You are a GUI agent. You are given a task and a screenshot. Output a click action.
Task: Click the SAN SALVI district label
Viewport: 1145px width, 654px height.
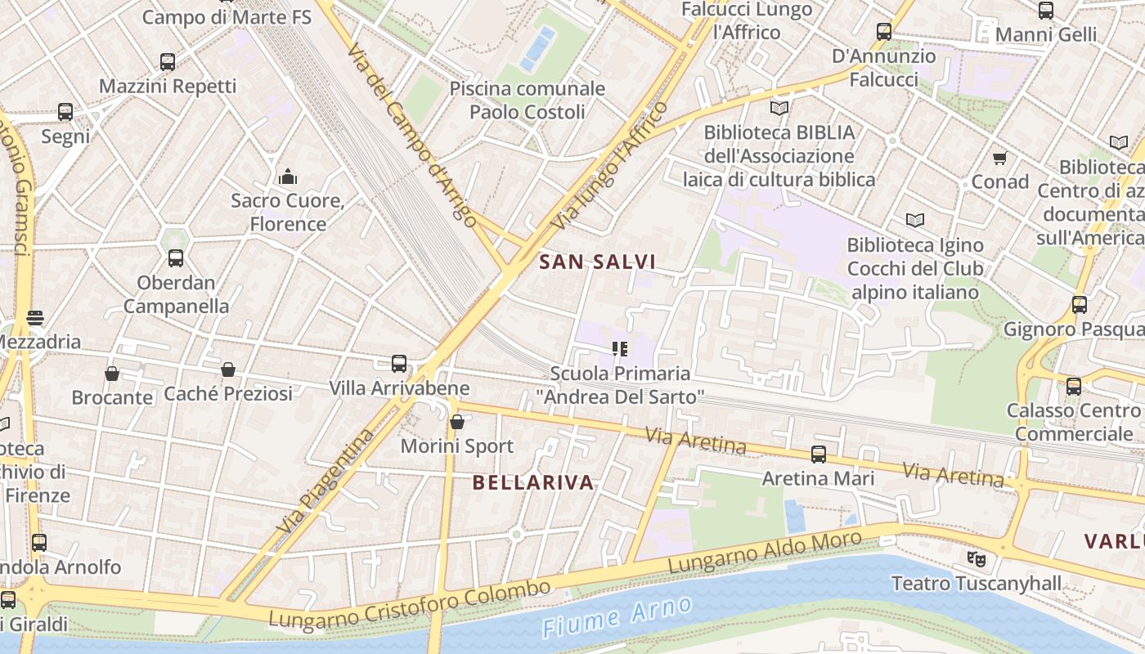(598, 262)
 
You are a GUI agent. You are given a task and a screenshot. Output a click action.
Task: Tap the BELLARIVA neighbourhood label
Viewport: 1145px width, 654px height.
(533, 482)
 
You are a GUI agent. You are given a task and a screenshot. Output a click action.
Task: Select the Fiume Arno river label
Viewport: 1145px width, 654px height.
(617, 617)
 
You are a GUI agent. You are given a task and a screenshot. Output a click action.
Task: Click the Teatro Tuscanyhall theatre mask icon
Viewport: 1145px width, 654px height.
(976, 559)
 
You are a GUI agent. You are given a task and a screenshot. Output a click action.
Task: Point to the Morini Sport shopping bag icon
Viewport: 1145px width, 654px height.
(457, 422)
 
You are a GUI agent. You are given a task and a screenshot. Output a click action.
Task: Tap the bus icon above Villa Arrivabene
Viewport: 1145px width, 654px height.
(399, 364)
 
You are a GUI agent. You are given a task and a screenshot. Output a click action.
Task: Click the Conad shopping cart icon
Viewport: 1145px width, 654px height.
(999, 158)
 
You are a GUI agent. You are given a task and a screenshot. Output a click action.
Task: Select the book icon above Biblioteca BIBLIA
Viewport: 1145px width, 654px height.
(779, 108)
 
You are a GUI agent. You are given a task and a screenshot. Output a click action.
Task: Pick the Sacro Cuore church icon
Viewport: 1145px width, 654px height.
(288, 177)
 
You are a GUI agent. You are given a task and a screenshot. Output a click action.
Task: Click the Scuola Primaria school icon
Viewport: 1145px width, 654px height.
(620, 349)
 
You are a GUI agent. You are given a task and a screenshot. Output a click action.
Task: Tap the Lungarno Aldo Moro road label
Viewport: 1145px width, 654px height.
(765, 552)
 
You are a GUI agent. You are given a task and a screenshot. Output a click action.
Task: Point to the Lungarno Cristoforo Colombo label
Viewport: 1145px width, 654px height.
(410, 606)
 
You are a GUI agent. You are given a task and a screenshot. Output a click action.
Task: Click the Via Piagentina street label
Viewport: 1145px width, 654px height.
(325, 482)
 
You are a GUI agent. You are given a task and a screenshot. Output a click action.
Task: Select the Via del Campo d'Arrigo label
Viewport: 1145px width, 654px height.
(411, 135)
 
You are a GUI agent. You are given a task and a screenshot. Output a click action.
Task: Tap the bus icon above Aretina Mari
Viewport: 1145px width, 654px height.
(818, 455)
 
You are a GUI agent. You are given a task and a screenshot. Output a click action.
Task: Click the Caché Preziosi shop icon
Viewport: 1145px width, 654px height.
(228, 370)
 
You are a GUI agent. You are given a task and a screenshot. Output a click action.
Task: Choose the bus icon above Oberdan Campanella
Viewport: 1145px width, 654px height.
(176, 259)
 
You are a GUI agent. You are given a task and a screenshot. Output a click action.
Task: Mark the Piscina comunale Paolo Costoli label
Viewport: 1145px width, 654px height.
(528, 100)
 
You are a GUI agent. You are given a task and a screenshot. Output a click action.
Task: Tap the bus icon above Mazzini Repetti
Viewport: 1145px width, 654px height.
(168, 62)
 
